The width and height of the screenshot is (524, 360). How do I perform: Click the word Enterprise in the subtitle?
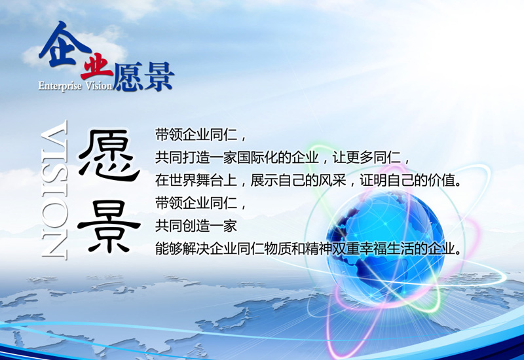coord(60,86)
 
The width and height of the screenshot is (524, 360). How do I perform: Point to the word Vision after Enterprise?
coord(99,86)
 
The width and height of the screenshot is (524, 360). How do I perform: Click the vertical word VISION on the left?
coord(54,189)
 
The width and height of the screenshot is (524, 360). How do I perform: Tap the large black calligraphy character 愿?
coord(109,155)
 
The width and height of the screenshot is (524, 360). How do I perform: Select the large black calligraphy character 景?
coord(109,226)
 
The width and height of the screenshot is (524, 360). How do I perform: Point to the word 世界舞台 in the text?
coord(196,181)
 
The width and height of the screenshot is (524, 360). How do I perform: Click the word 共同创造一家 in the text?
coord(196,226)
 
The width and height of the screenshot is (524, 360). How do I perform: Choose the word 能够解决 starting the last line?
coord(183,249)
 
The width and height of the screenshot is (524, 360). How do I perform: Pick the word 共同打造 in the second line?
coord(183,158)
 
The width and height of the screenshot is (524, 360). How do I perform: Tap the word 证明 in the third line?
coord(373,181)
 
